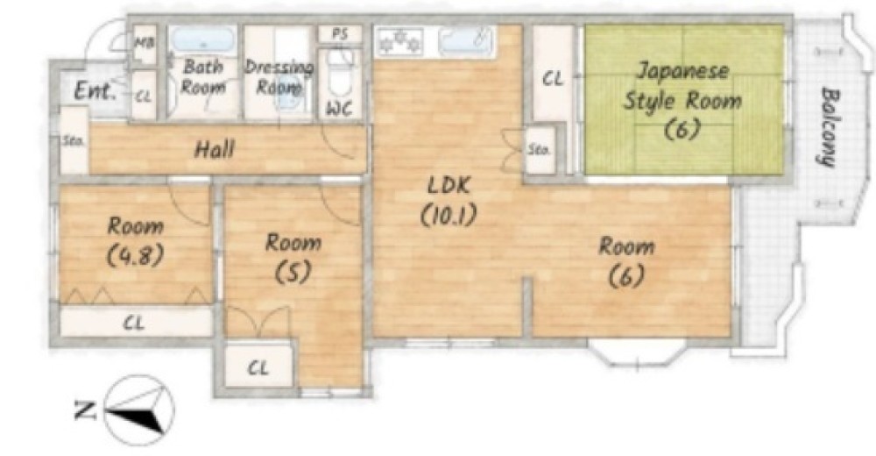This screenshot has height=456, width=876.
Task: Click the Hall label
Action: pyautogui.click(x=215, y=149)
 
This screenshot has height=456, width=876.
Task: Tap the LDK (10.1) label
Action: pyautogui.click(x=449, y=200)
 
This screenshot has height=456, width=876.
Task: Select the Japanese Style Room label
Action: pyautogui.click(x=682, y=101)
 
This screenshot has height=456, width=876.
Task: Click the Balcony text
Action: pyautogui.click(x=831, y=127)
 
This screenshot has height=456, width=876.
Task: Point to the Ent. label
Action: pyautogui.click(x=95, y=90)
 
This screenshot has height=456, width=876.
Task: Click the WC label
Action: pyautogui.click(x=339, y=109)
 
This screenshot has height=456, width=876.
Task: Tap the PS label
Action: pyautogui.click(x=340, y=34)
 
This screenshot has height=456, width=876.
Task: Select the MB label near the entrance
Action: pyautogui.click(x=145, y=42)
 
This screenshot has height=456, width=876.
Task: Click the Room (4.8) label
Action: pyautogui.click(x=135, y=240)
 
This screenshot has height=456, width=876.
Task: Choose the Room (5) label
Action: pyautogui.click(x=293, y=257)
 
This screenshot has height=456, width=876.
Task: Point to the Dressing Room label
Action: pyautogui.click(x=279, y=77)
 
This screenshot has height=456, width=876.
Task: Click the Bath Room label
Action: pyautogui.click(x=203, y=76)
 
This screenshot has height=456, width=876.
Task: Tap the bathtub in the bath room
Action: pyautogui.click(x=201, y=39)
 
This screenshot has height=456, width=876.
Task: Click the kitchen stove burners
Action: pyautogui.click(x=400, y=41)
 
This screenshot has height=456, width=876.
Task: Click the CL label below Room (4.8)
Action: pyautogui.click(x=133, y=323)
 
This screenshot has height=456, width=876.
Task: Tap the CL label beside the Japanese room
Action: pyautogui.click(x=553, y=79)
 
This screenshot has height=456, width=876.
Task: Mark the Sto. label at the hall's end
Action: pyautogui.click(x=72, y=141)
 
